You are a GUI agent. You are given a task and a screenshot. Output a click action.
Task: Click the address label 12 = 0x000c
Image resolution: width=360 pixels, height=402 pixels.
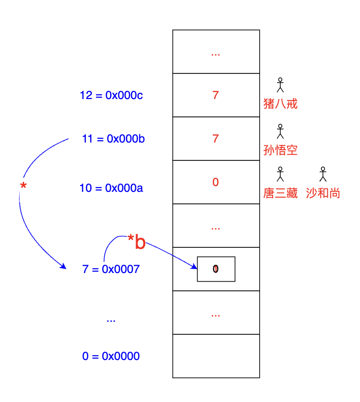pos(111,96)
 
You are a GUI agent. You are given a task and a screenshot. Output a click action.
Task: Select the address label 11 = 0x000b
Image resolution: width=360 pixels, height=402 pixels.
pos(114,139)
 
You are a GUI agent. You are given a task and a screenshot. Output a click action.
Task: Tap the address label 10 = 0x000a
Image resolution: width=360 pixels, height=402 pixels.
pos(111,188)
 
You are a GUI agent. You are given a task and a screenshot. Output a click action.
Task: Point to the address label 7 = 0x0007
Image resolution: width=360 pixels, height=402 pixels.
pos(111,269)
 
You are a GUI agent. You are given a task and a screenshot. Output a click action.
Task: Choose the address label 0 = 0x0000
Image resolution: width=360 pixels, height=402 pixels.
pos(111,357)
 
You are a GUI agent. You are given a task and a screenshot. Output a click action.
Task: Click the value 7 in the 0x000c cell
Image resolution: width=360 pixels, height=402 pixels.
pos(216,95)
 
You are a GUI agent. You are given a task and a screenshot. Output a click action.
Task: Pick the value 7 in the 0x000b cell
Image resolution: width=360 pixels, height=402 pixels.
pos(216,139)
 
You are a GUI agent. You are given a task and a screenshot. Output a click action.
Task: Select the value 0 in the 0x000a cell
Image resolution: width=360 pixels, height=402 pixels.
pos(216,182)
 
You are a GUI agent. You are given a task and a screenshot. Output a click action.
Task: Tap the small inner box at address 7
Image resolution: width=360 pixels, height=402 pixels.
pos(216,269)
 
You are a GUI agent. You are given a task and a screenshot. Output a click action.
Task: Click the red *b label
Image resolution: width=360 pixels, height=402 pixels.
pos(137,242)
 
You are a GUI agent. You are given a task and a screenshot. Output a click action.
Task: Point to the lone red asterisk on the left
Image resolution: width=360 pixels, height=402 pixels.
pos(23,187)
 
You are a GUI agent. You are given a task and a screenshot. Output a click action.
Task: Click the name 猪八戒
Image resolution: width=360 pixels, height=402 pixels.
pos(280,103)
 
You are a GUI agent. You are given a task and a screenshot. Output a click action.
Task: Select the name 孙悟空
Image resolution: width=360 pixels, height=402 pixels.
pos(280,150)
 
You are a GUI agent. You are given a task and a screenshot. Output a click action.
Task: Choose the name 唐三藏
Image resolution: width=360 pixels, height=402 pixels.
pos(280,194)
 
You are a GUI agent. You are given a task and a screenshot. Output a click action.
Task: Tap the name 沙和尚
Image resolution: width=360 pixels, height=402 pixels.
pos(323,194)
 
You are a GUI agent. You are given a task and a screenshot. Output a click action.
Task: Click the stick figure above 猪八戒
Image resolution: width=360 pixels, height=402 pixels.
pos(280,85)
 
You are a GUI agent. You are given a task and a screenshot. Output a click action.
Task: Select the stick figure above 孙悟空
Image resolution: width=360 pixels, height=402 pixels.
pos(280,131)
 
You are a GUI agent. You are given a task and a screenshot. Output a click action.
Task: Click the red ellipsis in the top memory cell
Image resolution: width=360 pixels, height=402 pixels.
pos(216,54)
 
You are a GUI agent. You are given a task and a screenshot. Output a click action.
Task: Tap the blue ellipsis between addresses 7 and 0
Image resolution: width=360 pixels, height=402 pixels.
pos(111,320)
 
